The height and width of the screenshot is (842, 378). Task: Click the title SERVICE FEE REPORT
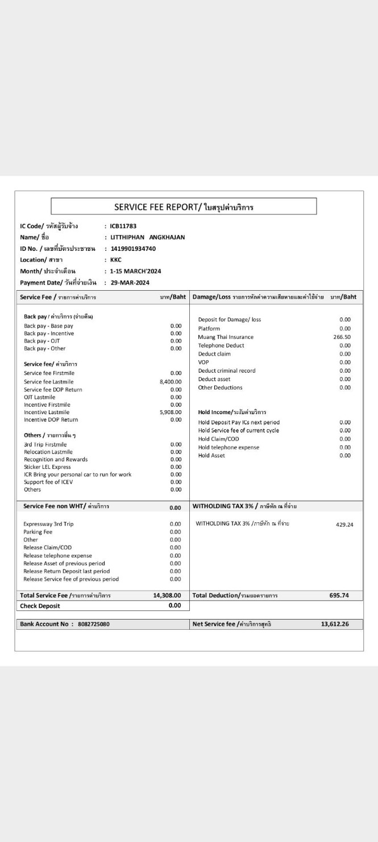point(184,207)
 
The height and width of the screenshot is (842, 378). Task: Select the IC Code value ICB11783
point(123,226)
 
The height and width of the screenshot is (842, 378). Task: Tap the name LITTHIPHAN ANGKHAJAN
point(147,237)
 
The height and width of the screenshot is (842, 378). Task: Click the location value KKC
point(116,259)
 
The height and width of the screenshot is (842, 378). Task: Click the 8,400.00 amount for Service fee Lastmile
point(171,382)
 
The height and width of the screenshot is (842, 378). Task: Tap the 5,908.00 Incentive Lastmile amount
point(171,412)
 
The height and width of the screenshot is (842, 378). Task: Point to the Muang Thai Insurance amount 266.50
point(342,337)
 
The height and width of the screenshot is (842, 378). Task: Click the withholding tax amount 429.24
point(344,525)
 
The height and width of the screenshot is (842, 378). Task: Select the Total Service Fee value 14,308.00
point(167,595)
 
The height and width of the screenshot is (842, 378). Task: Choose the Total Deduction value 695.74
point(339,595)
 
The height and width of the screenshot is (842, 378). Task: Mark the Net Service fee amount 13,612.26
point(335,624)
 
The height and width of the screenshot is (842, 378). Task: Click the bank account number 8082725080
point(94,624)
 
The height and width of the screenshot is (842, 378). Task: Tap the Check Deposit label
point(40,606)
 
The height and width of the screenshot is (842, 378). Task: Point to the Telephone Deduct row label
point(221,345)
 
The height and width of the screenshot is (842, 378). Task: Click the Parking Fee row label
point(38,531)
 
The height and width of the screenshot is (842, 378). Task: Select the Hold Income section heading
point(232,412)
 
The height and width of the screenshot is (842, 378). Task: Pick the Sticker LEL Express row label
point(47,467)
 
